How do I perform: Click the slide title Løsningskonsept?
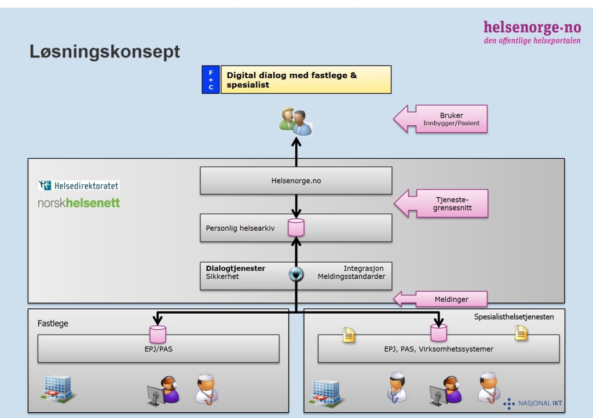point(105,52)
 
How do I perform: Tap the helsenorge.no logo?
point(532,32)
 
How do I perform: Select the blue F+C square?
point(211,79)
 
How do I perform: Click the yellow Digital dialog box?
point(306,79)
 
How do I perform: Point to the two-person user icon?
point(296,122)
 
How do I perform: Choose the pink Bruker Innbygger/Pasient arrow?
point(441,119)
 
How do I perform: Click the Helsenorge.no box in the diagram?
point(296,181)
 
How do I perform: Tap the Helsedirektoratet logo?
point(79,185)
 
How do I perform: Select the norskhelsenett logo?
point(79,203)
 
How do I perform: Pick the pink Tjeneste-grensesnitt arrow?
point(441,203)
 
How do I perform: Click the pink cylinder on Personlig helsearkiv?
point(296,227)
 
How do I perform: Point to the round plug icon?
point(296,274)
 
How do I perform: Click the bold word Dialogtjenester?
point(235,268)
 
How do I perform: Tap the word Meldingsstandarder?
point(352,277)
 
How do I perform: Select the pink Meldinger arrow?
point(440,299)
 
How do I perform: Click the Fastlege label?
point(53,324)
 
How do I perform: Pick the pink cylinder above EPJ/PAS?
point(158,334)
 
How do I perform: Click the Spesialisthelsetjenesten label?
point(514,317)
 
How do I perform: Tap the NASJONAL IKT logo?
point(533,404)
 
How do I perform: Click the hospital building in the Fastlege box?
point(57,389)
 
